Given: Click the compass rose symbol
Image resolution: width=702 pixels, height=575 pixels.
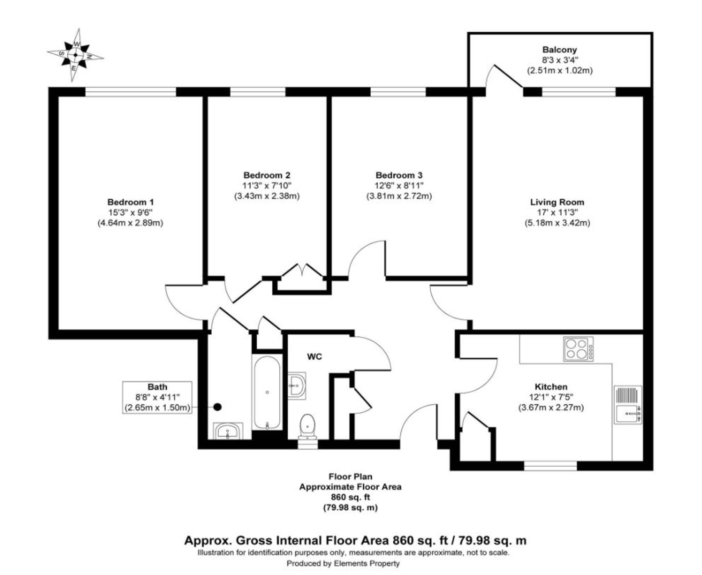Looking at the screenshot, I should coord(75,55).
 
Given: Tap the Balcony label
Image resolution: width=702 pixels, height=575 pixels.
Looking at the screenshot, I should coord(559,50).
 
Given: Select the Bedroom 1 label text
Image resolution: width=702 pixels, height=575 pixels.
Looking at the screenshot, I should coord(130,202).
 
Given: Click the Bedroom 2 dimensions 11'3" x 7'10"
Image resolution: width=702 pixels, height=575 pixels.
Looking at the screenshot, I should coord(267,185).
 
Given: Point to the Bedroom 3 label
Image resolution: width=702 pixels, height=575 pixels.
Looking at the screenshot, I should coord(399,175).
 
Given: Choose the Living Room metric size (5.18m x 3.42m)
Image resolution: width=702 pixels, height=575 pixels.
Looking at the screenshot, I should coord(557,223).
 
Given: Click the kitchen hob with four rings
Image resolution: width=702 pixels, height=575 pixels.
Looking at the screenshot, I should coord(578,349).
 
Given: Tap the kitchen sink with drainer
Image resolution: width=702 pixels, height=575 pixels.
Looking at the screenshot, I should coord(628,405).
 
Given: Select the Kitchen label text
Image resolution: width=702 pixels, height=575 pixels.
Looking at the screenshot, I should coord(551,387).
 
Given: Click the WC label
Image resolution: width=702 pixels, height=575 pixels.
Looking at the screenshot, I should coord(314,357).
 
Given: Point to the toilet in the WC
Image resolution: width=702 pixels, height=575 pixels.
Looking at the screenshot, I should coord(307,426).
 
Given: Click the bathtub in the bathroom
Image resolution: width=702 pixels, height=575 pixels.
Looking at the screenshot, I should coord(267,392).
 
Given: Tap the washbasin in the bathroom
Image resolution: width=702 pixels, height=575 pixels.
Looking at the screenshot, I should coord(228,431).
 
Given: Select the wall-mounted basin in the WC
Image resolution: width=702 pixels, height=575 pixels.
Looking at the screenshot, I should coord(297,386).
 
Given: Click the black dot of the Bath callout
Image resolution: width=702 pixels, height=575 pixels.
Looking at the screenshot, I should coord(218,407).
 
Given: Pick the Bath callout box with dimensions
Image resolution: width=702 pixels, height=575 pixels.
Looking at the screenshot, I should coord(157,397).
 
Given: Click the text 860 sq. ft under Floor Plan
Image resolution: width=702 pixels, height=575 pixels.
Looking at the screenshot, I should coord(350,497).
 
